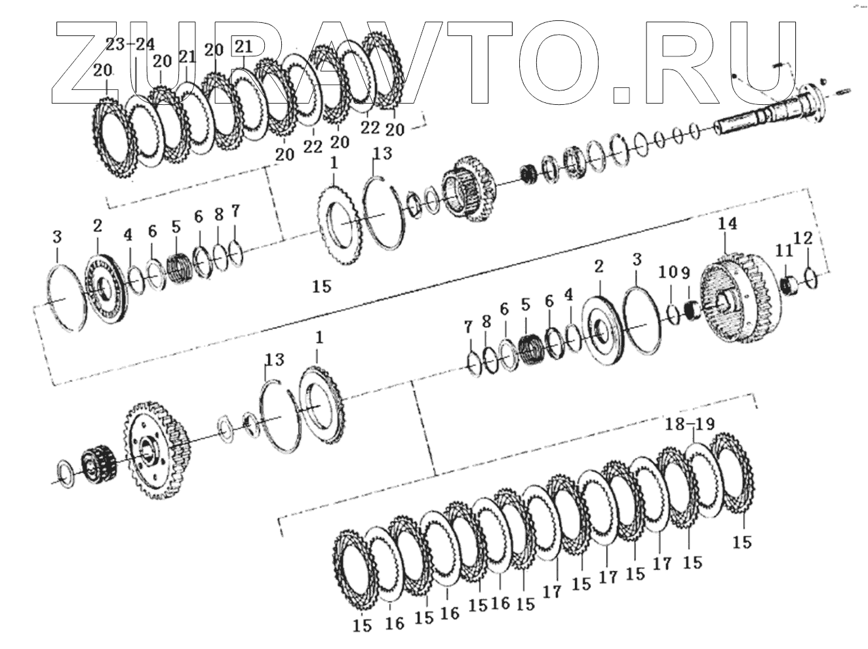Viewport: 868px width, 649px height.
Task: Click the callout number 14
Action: [726, 224]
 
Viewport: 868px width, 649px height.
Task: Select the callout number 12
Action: [803, 238]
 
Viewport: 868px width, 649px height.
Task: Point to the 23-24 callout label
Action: [130, 45]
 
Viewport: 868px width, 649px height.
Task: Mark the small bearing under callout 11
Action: [790, 285]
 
